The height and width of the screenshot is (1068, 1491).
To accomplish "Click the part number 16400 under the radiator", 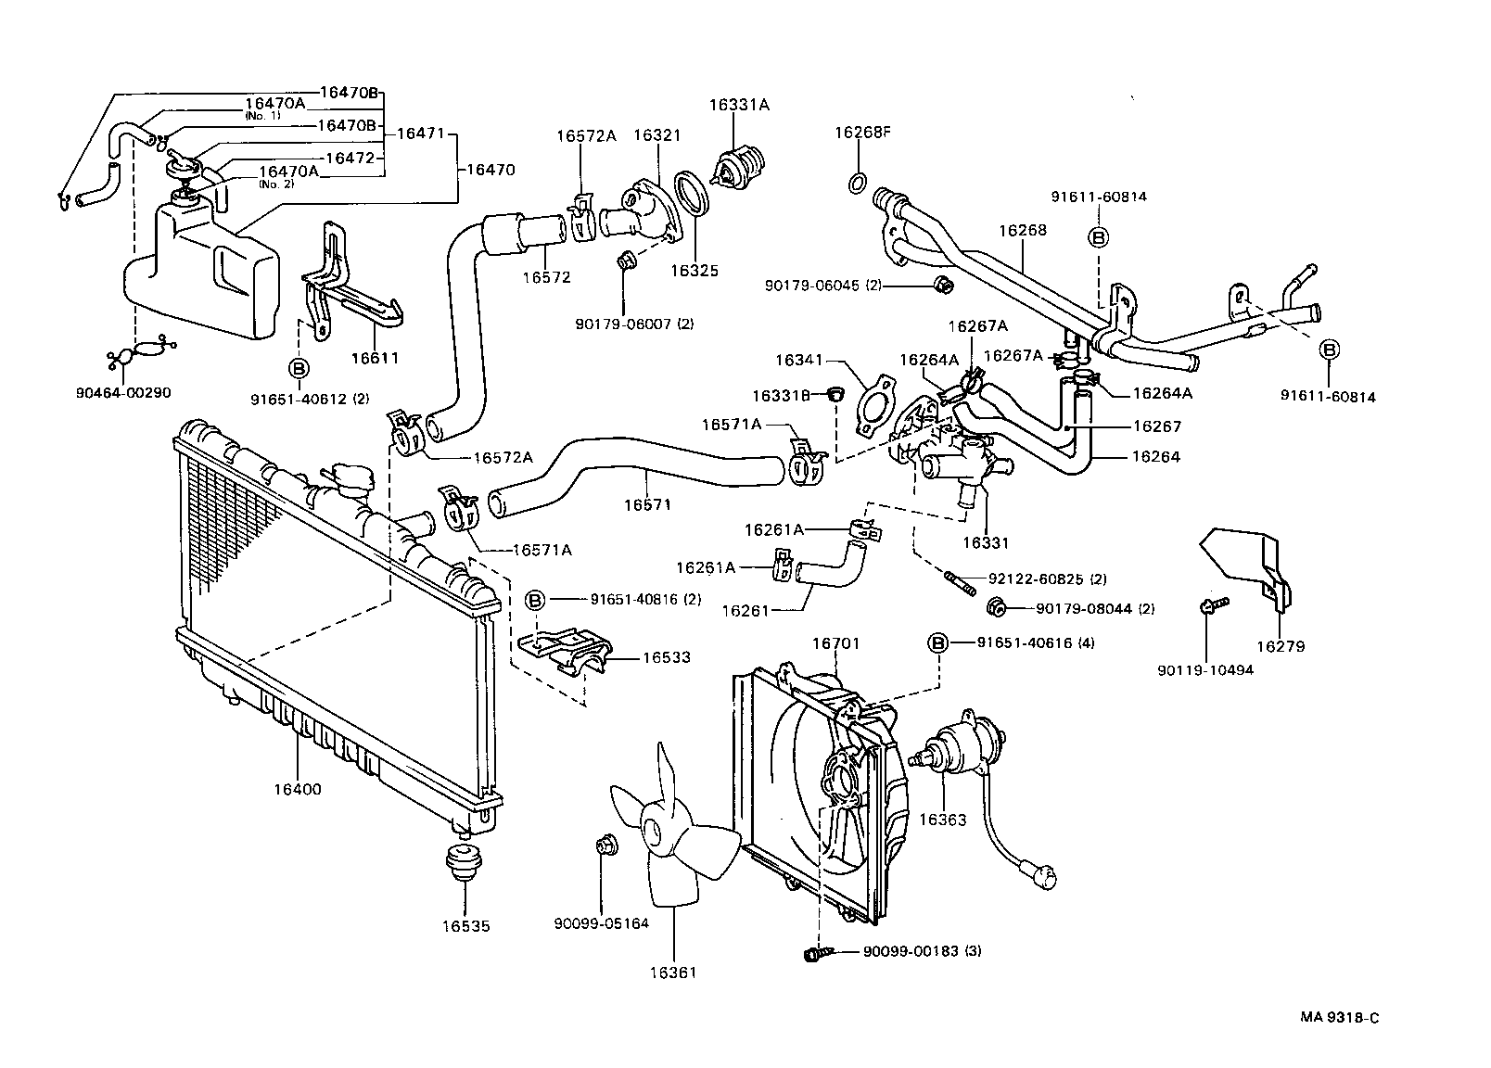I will pos(297,790).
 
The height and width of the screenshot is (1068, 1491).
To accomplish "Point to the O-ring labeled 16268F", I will pos(859,181).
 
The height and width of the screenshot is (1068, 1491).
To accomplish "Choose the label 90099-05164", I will pos(601,923).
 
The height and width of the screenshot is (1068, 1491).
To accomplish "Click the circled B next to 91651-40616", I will pos(938,642).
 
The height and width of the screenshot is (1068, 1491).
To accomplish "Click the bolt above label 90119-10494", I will pos(1211,605).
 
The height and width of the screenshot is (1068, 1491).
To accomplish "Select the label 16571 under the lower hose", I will pos(647,505).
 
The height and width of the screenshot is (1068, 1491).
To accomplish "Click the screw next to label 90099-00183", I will pos(816,952).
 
